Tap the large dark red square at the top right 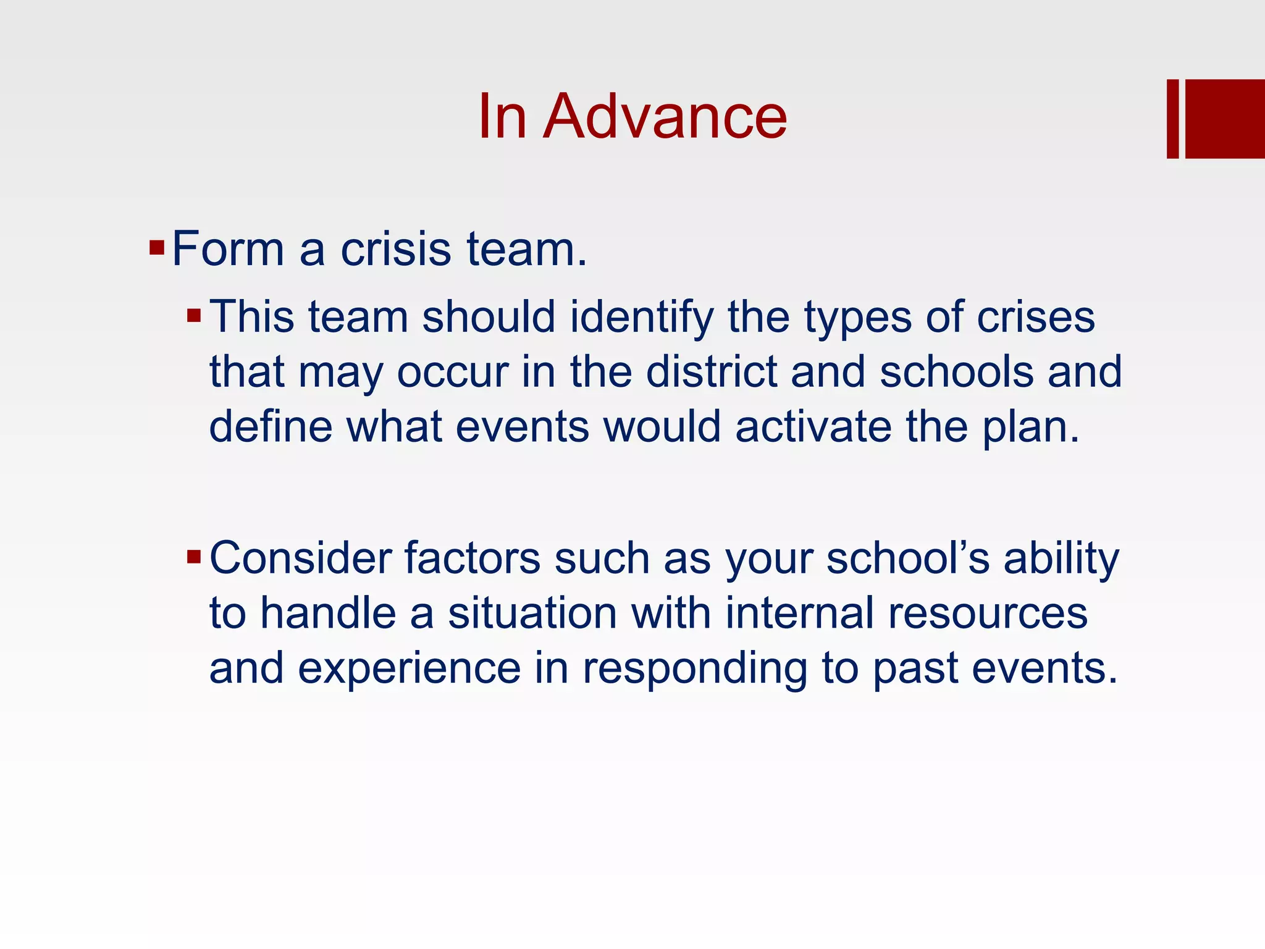point(1225,119)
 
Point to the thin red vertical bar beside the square point(1172,119)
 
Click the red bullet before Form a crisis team point(156,249)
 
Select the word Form point(228,249)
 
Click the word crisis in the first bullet point(395,249)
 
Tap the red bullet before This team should point(194,316)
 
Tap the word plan point(1025,428)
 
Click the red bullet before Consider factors point(194,558)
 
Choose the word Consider point(301,558)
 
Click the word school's point(908,558)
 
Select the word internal point(799,613)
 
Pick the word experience point(409,669)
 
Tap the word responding point(694,670)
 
